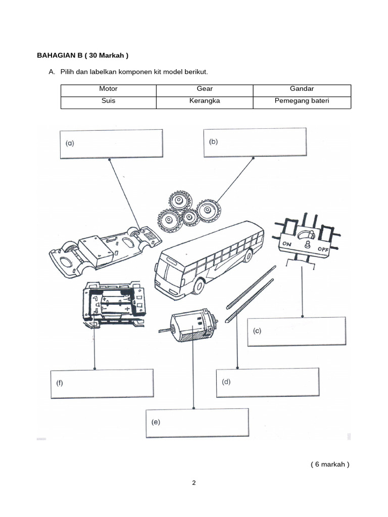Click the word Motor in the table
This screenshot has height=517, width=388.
point(108,89)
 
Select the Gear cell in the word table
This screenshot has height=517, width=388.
point(205,89)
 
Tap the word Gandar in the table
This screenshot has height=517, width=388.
point(302,89)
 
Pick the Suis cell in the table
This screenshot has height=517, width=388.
point(108,101)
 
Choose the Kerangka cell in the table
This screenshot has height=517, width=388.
point(205,101)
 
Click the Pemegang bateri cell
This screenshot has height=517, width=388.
point(302,101)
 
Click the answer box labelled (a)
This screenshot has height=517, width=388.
point(111,144)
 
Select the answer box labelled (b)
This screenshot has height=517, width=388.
point(255,142)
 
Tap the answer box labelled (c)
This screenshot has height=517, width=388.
point(297,332)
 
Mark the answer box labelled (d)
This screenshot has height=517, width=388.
point(267,383)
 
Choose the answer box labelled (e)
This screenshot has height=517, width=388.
point(197,422)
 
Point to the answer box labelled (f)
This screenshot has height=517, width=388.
point(102,383)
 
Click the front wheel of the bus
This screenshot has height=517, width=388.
point(199,287)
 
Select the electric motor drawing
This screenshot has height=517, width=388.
point(192,326)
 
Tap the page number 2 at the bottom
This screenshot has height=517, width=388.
point(193,483)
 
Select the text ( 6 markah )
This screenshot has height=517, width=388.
point(329,464)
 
